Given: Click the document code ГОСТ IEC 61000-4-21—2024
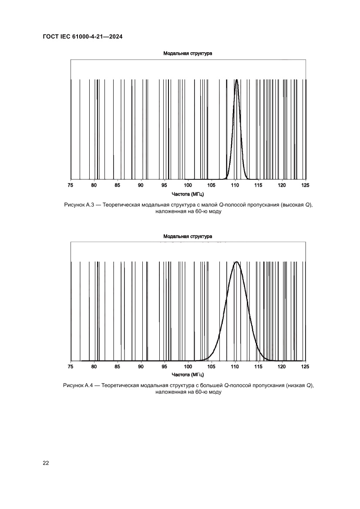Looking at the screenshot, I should coord(82,37).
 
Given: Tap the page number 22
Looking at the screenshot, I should coord(46,462).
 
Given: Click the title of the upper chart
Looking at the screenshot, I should coord(188,54).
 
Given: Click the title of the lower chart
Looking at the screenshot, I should coord(188,236).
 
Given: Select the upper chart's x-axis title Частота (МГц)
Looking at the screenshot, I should coord(188,194).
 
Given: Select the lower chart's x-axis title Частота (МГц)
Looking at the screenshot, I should coord(188,374).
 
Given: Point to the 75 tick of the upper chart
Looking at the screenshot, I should coord(71,186).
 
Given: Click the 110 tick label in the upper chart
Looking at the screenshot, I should coord(235,186).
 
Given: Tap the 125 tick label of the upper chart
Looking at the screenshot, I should coord(305,186).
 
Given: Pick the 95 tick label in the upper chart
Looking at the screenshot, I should coord(165,186).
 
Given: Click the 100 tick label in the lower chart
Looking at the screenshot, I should coord(188,367).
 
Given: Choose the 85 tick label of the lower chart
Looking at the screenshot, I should coord(118,367).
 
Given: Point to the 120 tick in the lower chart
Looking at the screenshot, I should coord(282,367).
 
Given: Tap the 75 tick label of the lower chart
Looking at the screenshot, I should coord(71,367).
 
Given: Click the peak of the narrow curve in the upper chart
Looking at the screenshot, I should coord(236,80).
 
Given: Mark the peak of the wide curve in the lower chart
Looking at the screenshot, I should coord(236,262).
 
